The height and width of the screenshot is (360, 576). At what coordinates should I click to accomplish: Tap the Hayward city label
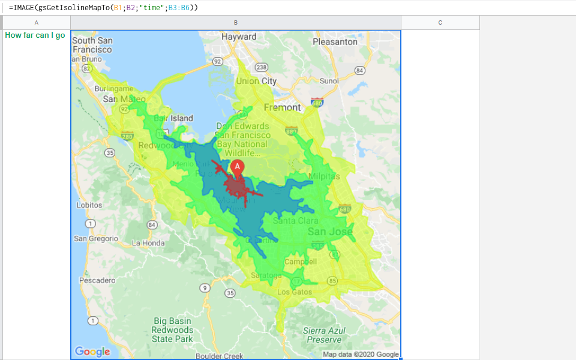tap(239, 37)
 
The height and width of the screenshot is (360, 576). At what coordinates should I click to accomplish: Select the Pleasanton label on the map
tap(335, 42)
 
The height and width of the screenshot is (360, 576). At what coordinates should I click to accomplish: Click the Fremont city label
tap(282, 107)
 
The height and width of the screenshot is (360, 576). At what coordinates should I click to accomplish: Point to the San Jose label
tap(329, 232)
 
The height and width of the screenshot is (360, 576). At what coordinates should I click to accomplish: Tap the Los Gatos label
tap(295, 292)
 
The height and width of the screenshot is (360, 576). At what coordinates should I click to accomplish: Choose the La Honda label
tap(148, 243)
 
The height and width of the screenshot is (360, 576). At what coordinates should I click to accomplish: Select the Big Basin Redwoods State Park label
tap(172, 330)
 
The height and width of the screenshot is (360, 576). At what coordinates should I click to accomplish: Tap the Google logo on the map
tap(92, 352)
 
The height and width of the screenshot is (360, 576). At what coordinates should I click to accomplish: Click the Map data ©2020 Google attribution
tap(361, 354)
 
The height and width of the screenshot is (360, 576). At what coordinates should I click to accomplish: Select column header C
tap(440, 23)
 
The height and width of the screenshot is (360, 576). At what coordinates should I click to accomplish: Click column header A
tap(37, 23)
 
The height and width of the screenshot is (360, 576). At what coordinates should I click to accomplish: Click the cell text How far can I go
tap(35, 35)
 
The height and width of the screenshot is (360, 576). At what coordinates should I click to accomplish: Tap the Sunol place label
tap(329, 81)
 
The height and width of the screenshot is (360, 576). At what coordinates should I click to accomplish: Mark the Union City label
tap(256, 81)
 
